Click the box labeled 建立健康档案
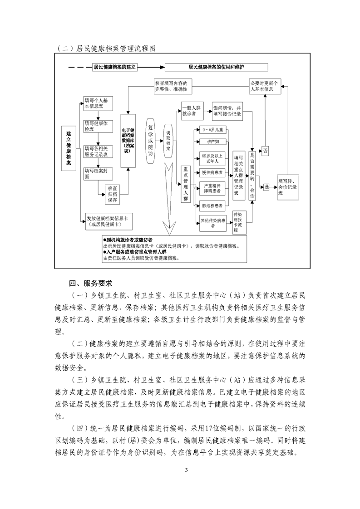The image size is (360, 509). point(69,148)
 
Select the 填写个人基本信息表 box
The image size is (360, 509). point(98,103)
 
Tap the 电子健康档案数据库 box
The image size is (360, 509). point(128,141)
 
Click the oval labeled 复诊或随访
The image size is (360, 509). point(150,141)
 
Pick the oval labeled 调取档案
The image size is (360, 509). point(168,141)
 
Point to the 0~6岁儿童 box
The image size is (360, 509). point(213,130)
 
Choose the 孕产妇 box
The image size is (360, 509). point(213,142)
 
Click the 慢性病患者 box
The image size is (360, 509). point(213,173)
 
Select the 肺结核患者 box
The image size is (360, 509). point(213,206)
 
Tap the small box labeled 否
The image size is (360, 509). point(266,151)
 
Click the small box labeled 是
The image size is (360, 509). point(266,187)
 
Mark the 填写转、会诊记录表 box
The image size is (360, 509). point(288,187)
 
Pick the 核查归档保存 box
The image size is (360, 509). point(112,194)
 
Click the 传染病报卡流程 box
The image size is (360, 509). point(239,222)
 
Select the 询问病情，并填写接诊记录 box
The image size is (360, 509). point(227,111)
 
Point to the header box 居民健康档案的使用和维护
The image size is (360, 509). point(217,67)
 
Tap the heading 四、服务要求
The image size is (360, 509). point(90,284)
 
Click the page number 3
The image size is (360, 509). point(186,470)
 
